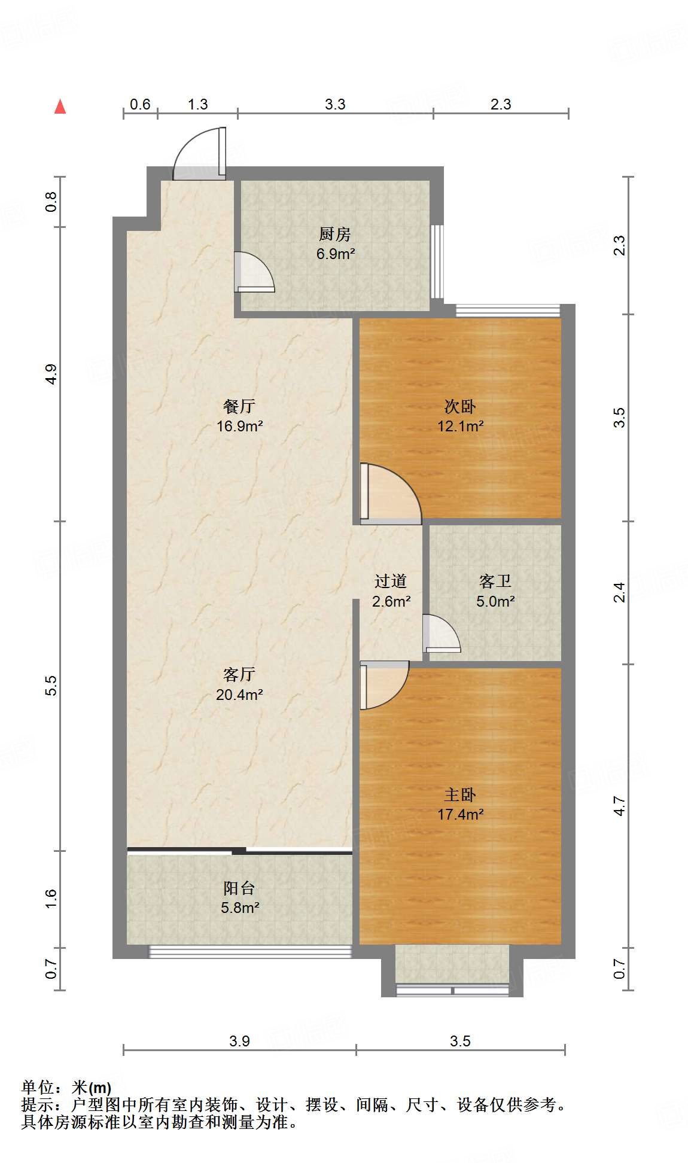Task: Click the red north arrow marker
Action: (x=60, y=106)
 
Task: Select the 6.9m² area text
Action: (x=336, y=254)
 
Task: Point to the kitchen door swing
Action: (x=254, y=272)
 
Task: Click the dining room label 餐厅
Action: (x=239, y=406)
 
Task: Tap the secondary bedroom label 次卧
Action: (x=460, y=406)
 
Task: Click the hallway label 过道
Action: (x=391, y=581)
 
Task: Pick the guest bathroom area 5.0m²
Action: (x=495, y=601)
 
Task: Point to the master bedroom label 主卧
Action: (x=460, y=794)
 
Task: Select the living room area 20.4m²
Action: (x=239, y=695)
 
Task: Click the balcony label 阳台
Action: (x=239, y=888)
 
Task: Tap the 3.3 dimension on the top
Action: (x=335, y=105)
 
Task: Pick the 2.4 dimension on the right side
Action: (x=620, y=592)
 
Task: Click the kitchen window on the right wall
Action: (x=438, y=261)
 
